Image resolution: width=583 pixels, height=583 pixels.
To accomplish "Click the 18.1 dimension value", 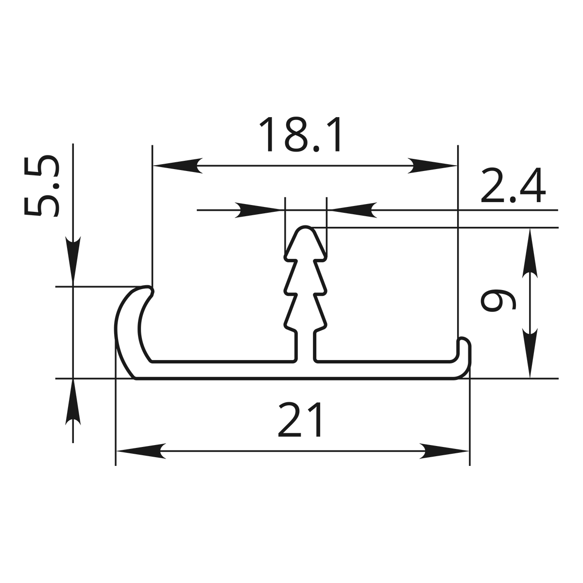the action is [301, 134].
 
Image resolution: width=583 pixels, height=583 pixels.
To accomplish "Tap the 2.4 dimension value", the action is [513, 185].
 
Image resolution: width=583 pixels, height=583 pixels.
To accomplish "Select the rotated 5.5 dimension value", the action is [42, 186].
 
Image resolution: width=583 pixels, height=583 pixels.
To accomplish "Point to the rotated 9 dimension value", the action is [498, 300].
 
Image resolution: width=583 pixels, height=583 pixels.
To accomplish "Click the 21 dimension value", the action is [300, 420].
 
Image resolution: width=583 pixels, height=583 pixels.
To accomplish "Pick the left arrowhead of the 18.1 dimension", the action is [178, 166].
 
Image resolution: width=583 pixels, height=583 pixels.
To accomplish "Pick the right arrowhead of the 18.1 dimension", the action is [432, 166].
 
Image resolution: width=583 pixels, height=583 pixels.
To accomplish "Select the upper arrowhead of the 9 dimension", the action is [530, 253].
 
